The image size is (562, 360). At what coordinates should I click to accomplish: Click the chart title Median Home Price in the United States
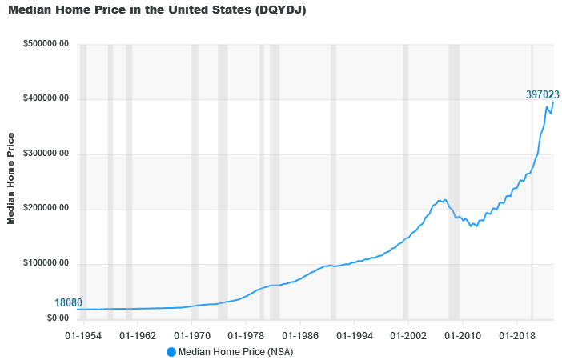158,10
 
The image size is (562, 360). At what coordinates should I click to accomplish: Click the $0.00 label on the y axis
57,318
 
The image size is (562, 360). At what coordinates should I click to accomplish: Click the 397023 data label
542,95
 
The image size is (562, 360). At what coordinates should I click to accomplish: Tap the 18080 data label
68,303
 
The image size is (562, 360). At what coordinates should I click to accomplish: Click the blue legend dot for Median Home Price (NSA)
171,352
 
